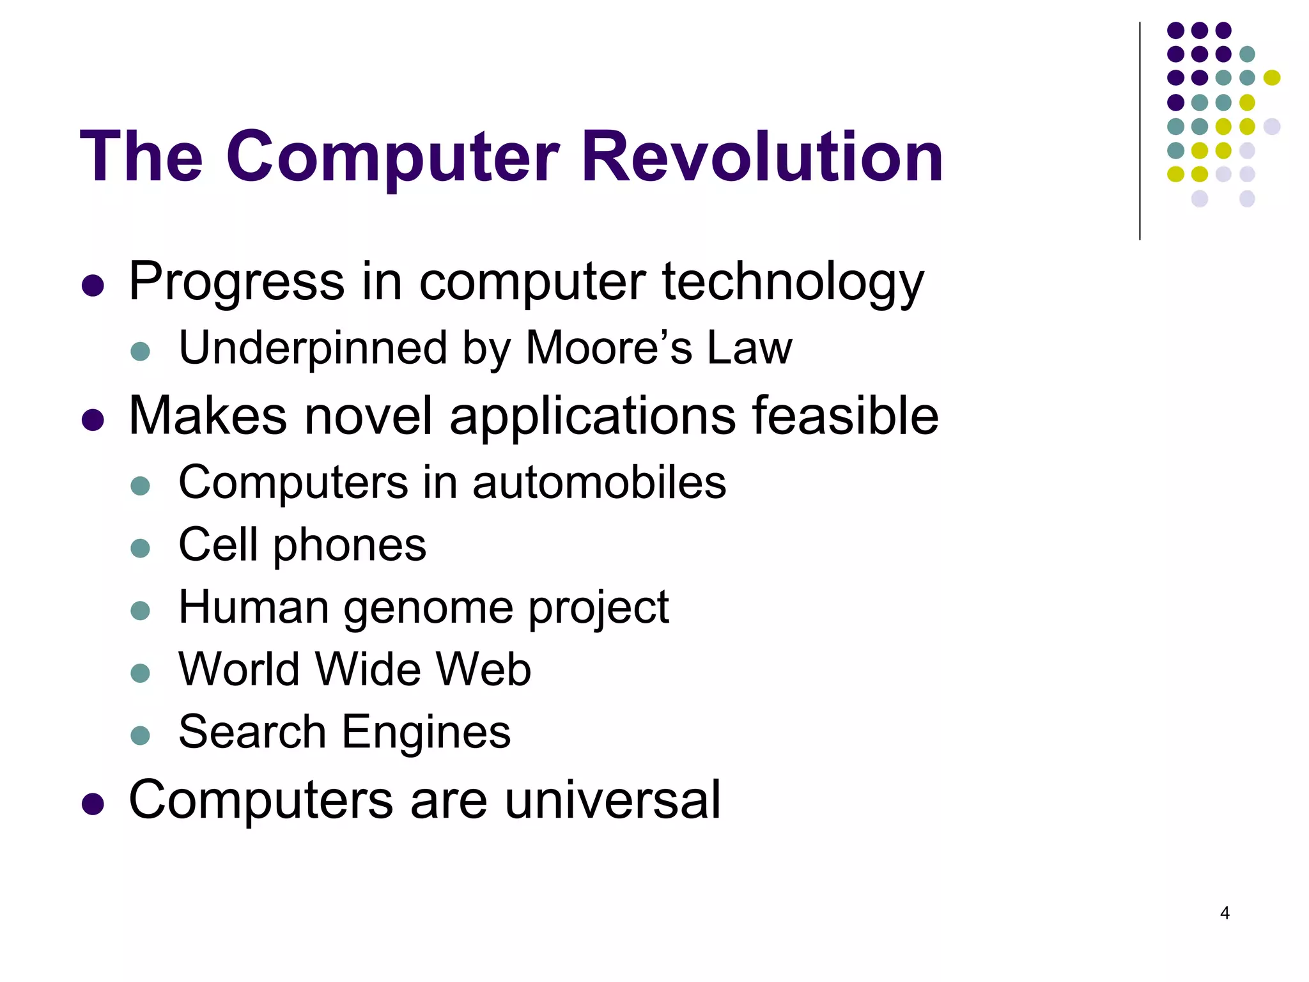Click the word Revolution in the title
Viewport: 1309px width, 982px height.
point(762,157)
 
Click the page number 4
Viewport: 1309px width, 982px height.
point(1225,913)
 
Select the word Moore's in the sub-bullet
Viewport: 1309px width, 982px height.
point(609,348)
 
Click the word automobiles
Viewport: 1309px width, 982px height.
point(599,482)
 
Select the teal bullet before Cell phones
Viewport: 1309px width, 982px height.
point(140,548)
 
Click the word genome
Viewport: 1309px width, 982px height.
point(428,607)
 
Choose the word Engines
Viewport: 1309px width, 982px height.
point(426,732)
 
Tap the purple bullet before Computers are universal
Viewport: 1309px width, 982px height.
point(93,804)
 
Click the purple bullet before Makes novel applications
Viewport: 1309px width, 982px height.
point(93,420)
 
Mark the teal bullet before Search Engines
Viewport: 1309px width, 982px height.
point(140,735)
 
